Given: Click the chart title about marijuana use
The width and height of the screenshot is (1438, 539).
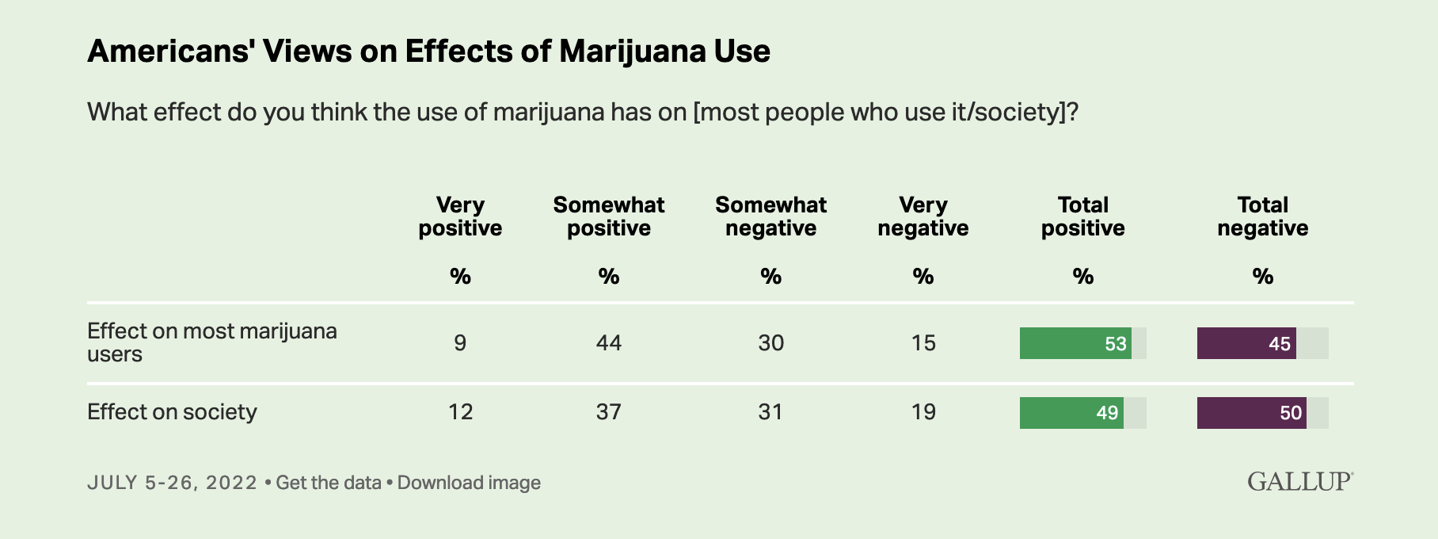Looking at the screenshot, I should point(428,52).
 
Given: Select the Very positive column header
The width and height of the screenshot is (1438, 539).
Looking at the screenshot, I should point(460,216).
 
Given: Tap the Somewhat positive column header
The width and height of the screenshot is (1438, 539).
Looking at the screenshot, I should point(608,216).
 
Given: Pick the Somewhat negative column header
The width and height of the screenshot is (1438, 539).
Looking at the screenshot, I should point(770,216).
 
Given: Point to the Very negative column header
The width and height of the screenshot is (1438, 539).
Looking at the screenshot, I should point(923,216).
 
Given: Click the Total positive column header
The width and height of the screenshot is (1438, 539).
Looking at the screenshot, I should point(1082,216).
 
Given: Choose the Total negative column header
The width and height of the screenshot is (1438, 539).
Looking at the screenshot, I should point(1262,216).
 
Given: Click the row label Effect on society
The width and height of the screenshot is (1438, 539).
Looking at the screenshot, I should point(172,412).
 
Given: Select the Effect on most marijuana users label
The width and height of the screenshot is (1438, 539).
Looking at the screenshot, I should point(211,342).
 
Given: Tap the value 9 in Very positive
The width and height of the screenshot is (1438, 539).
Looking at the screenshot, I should point(460,343).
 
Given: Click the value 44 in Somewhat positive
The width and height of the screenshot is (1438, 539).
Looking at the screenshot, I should point(608,343).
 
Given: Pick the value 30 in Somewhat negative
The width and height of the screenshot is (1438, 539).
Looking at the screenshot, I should point(770,343).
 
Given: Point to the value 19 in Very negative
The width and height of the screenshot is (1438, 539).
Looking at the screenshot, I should point(923,412).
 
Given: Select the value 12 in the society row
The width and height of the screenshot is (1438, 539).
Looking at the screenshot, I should point(460,412).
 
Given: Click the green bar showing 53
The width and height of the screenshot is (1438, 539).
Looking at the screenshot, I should point(1075,343).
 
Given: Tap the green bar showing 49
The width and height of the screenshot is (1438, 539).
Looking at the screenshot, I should point(1071,413).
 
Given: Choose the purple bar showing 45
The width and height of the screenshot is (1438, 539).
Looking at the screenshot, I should point(1246,343).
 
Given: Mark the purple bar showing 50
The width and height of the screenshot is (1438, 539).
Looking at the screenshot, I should point(1251,413).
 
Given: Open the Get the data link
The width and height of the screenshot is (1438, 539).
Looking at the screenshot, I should point(329,483).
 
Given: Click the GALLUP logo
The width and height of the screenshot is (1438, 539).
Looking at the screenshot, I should point(1300,481).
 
